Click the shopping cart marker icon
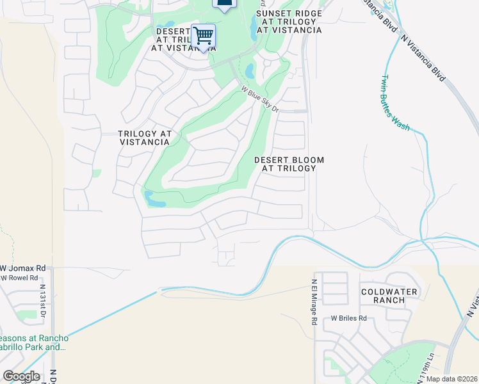pos(203,36)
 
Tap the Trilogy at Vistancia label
pos(145,138)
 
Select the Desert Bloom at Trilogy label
pos(289,164)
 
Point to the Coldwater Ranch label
pos(389,296)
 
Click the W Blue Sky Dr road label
pos(261,100)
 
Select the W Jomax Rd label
pos(23,268)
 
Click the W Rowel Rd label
pos(19,278)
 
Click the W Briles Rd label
pos(348,318)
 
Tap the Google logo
pos(21,376)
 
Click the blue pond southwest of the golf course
pos(154,199)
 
